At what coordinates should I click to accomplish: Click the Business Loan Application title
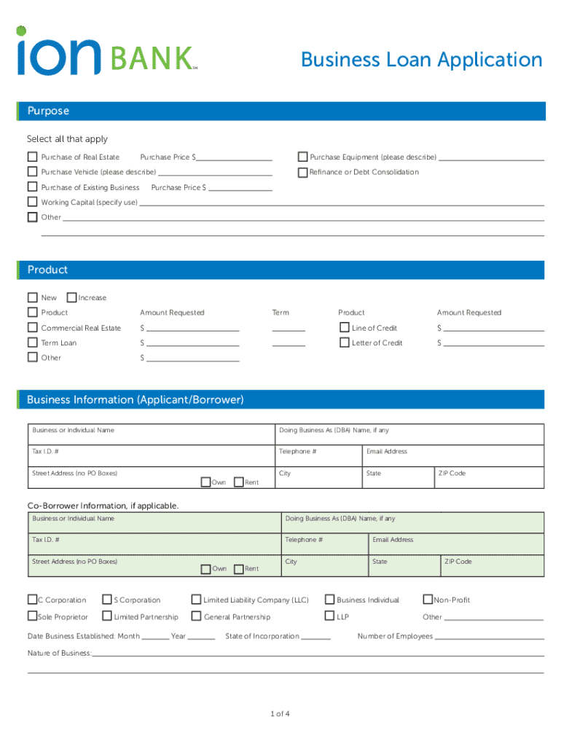click(421, 60)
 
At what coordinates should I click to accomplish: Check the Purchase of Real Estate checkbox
click(32, 157)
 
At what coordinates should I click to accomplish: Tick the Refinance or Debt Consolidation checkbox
click(302, 173)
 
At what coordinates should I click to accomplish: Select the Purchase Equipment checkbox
click(302, 157)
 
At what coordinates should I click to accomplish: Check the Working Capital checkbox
click(32, 202)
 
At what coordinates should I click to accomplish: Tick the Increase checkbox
click(71, 297)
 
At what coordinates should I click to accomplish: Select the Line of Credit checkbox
click(345, 328)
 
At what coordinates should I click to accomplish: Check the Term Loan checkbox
click(32, 342)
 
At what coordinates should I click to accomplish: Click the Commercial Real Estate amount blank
click(192, 328)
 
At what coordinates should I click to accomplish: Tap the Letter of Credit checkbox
click(345, 342)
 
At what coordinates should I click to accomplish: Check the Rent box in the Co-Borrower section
click(238, 568)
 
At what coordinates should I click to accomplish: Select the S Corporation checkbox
click(107, 600)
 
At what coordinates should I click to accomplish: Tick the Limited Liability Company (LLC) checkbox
click(196, 600)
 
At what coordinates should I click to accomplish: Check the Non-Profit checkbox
click(428, 600)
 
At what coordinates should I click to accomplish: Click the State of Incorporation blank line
click(315, 637)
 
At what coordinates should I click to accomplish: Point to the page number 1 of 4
click(280, 713)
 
